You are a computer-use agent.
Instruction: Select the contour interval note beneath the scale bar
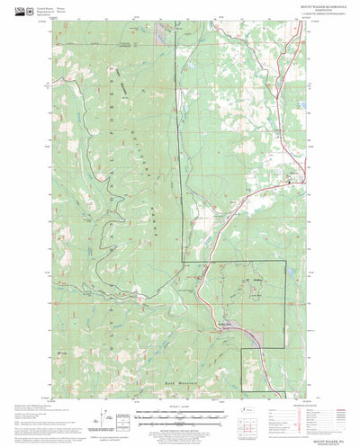pyautogui.click(x=180, y=426)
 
